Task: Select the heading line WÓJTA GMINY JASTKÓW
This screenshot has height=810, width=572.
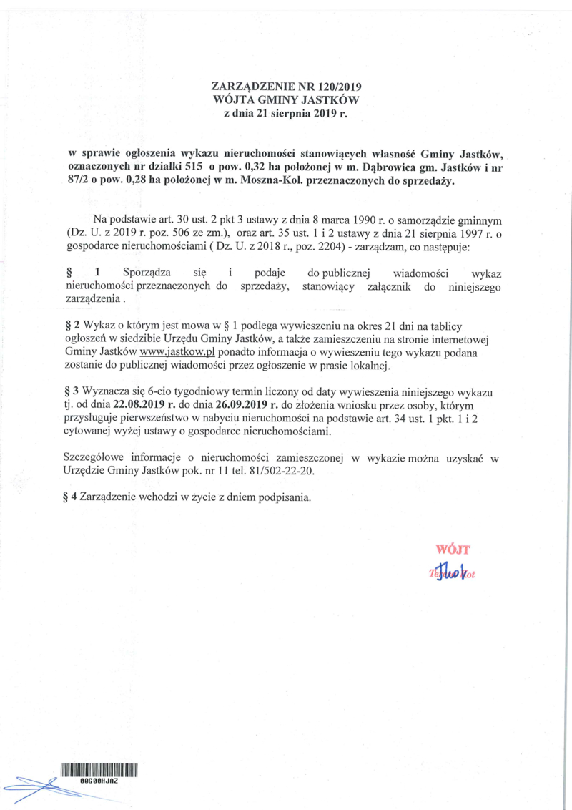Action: tap(285, 99)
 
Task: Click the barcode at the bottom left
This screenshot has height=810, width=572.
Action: tap(98, 771)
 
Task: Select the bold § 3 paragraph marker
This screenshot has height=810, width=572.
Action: tap(70, 394)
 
